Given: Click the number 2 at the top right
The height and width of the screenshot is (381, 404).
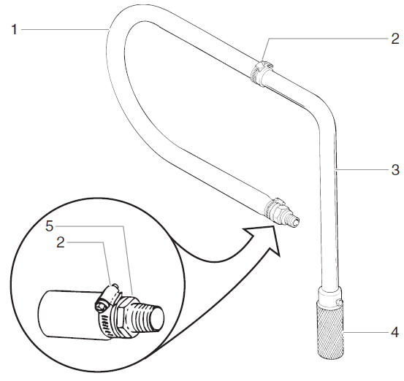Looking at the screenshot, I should [x=394, y=38].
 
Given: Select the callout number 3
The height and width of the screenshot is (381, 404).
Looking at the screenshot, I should [x=395, y=170].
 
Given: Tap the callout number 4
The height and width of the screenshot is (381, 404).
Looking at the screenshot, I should [x=395, y=334].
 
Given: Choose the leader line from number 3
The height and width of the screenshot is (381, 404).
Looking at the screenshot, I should [x=362, y=169].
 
